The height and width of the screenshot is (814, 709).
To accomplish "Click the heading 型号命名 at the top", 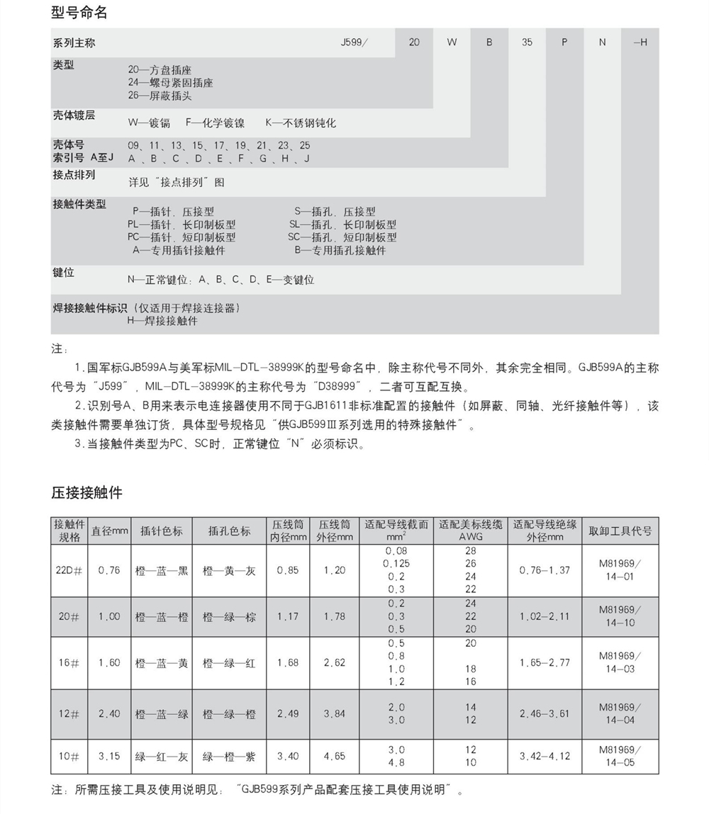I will point(79,12).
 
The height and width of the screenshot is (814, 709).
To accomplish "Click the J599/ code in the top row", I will point(354,43).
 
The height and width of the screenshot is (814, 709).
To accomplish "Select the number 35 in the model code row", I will point(527,43).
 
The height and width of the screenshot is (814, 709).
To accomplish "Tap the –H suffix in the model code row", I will point(640,43).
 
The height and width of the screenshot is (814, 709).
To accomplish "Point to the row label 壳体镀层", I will point(74,115).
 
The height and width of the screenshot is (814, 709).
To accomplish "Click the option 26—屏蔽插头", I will point(160,96).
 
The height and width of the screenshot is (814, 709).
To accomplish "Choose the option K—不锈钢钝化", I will point(301,123).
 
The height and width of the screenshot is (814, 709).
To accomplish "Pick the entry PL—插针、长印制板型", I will point(182,225).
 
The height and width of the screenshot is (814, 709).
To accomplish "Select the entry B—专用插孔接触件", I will point(340,250).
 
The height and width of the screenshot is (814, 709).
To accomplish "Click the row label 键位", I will point(63,273).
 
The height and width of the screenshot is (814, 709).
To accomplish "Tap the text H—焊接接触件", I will point(162,321).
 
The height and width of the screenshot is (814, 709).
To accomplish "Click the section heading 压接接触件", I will point(86,492).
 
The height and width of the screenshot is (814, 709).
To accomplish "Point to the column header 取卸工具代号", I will point(620,531).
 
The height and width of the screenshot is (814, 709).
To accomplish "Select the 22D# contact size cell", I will point(69,570).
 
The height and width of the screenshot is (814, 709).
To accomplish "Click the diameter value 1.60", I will point(109,663).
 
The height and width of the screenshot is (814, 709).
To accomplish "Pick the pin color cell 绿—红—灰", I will point(162,757).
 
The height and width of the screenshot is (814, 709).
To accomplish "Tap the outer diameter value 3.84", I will point(335,714).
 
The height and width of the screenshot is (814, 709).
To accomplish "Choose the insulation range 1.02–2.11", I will point(544,616).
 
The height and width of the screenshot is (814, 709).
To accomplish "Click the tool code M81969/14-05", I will point(620,756).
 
